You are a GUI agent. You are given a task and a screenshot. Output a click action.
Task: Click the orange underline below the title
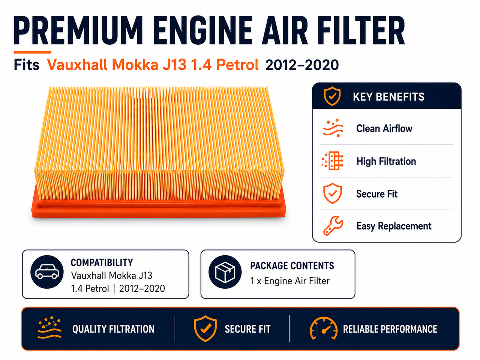coord(33,52)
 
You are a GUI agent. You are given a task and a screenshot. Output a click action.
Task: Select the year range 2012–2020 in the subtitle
coord(302,65)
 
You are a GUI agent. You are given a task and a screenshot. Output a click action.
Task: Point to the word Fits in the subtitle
coord(27,65)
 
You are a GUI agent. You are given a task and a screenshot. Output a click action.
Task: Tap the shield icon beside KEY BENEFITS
coord(332,96)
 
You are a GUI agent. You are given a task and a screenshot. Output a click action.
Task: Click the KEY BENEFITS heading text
coord(388,97)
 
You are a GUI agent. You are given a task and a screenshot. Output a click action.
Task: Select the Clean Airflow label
coord(384,129)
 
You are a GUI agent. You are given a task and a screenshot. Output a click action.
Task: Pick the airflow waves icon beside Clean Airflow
coord(333,128)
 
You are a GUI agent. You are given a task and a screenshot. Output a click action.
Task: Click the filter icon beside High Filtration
coord(332,160)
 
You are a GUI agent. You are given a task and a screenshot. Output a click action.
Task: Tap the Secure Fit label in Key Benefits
coord(377,194)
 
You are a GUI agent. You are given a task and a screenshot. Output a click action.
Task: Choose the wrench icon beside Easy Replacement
coord(333,226)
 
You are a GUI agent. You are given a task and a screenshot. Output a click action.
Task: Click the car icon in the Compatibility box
coord(47,272)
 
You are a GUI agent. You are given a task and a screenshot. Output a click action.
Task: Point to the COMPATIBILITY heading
coord(102,262)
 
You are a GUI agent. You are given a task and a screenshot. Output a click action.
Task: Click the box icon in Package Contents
coord(225,272)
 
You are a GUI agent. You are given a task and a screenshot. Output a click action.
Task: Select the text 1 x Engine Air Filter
coord(290,281)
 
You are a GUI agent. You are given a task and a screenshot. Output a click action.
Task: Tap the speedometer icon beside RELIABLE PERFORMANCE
coord(324,328)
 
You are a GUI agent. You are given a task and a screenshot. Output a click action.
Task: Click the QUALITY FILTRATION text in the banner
coord(113,329)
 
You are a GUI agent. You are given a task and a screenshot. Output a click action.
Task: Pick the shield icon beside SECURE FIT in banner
coord(205,328)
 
